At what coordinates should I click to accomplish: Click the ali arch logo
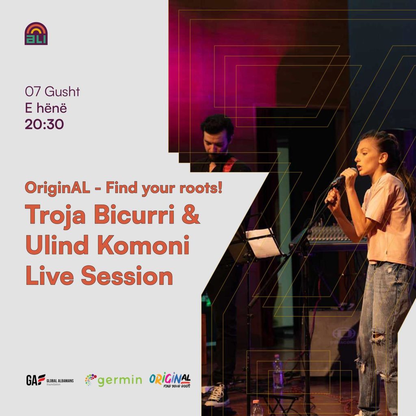36,33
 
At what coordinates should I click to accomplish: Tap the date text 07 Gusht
52,92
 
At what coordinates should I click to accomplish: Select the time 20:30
44,124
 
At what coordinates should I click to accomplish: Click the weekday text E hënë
45,108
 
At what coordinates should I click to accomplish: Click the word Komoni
143,245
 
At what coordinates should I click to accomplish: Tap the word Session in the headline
127,276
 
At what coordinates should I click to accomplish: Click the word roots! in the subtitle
201,188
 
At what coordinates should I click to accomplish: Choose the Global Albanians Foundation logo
50,380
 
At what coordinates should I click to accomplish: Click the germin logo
114,380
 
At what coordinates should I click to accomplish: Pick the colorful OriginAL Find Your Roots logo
170,380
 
